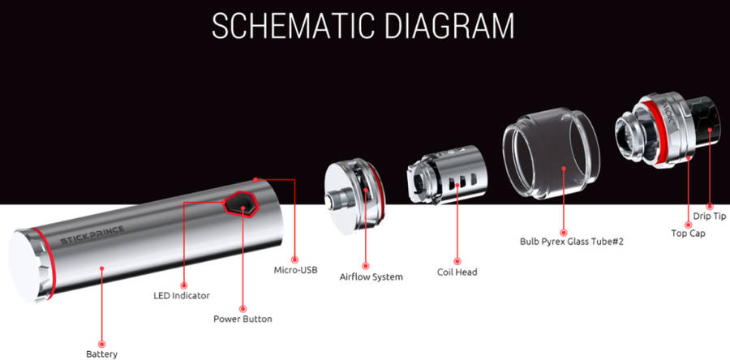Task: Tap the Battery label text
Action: coord(102,354)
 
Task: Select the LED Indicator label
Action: coord(182,295)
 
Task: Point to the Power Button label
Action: coord(243,319)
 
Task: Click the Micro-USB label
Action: coord(295,270)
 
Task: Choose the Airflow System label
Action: coord(371,277)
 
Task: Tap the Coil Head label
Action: coord(457,272)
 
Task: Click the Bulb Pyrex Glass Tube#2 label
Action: coord(564,242)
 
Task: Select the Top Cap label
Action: coord(688,233)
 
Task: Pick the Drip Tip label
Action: coord(710,216)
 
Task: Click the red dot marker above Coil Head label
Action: coord(457,261)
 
